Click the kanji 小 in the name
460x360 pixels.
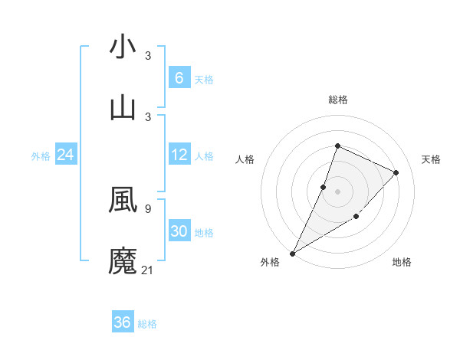(123, 47)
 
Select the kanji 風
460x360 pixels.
(123, 199)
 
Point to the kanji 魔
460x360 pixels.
(123, 260)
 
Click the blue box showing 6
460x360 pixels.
(179, 77)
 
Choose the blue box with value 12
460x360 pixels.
(179, 155)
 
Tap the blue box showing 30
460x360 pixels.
(179, 231)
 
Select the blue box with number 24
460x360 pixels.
(65, 155)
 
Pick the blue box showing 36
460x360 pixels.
(123, 322)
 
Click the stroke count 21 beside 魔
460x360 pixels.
(148, 269)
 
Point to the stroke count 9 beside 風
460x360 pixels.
(147, 208)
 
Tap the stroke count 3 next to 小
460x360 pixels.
(148, 56)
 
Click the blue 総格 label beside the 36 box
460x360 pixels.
(147, 324)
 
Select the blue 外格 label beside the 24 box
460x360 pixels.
(41, 156)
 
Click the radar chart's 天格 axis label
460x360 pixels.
(431, 159)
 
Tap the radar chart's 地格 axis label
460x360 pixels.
(402, 262)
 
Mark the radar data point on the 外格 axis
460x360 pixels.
(292, 253)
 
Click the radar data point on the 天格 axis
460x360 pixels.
(396, 172)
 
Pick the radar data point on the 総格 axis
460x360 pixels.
(337, 146)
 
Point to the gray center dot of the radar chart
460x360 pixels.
(337, 191)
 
